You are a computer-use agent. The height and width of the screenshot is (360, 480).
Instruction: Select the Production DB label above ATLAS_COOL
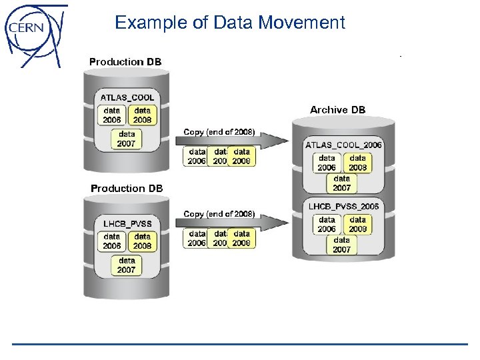(x=125, y=62)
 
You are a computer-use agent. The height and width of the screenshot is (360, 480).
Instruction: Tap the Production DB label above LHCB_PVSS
(x=127, y=189)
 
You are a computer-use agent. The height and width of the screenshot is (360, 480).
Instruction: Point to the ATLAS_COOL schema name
(x=127, y=97)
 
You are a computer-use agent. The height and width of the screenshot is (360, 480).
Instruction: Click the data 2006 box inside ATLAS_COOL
(x=112, y=115)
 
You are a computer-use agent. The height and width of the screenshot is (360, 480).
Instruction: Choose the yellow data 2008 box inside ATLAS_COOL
(x=142, y=115)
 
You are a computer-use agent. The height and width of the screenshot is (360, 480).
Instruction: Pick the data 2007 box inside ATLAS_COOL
(x=127, y=139)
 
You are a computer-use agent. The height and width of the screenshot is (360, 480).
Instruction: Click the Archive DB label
(x=337, y=109)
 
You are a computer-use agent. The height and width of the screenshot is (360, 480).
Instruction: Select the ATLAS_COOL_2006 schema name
(x=343, y=145)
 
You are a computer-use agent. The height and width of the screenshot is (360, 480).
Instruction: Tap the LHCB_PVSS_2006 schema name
(x=343, y=207)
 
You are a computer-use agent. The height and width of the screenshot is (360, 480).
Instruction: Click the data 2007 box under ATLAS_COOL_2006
(x=342, y=183)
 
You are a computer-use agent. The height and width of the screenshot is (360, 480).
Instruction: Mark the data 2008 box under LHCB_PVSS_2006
(x=358, y=224)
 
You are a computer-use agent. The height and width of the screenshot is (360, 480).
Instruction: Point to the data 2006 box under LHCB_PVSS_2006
(x=327, y=224)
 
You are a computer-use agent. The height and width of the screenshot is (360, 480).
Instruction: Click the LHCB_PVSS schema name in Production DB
(x=127, y=223)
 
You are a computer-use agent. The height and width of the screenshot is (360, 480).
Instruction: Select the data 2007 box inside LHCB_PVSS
(x=127, y=265)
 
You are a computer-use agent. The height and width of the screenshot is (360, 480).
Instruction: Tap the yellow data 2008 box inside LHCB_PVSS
(x=142, y=241)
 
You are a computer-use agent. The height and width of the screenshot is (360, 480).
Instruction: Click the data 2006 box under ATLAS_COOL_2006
(x=327, y=163)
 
